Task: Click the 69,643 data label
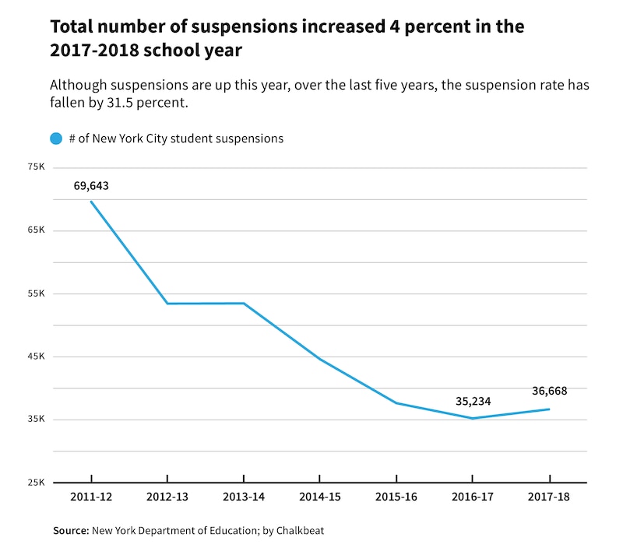tap(92, 186)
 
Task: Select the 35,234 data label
tap(473, 402)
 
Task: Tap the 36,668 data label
tap(549, 391)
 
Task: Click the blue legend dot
tap(56, 139)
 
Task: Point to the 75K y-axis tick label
tap(35, 167)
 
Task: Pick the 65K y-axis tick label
tap(35, 230)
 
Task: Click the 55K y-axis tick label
tap(35, 293)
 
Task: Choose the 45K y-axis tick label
tap(35, 357)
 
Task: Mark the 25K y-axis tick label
tap(35, 483)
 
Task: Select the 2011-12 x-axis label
tap(91, 496)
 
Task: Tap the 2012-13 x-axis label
tap(167, 496)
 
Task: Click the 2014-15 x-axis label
tap(320, 496)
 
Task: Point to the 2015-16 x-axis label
tap(396, 496)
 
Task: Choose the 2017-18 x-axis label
tap(549, 496)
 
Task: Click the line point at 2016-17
tap(473, 418)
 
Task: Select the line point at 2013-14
tap(244, 304)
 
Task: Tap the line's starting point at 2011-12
tap(91, 202)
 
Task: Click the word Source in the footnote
tap(71, 531)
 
